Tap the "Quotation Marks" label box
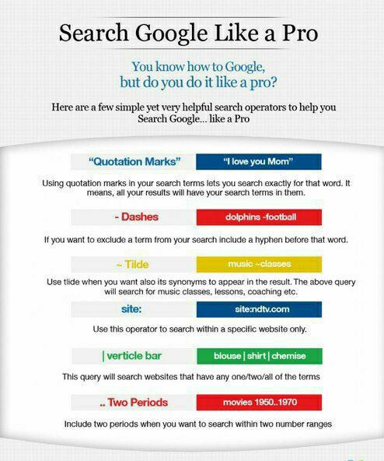coord(134,162)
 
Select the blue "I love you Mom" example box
coord(257,162)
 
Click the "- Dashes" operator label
coord(134,216)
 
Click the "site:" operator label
coord(134,309)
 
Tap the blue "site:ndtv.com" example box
coord(257,309)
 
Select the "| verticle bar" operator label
coord(134,356)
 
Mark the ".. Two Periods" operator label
coord(134,403)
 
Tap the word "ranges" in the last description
coord(316,425)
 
